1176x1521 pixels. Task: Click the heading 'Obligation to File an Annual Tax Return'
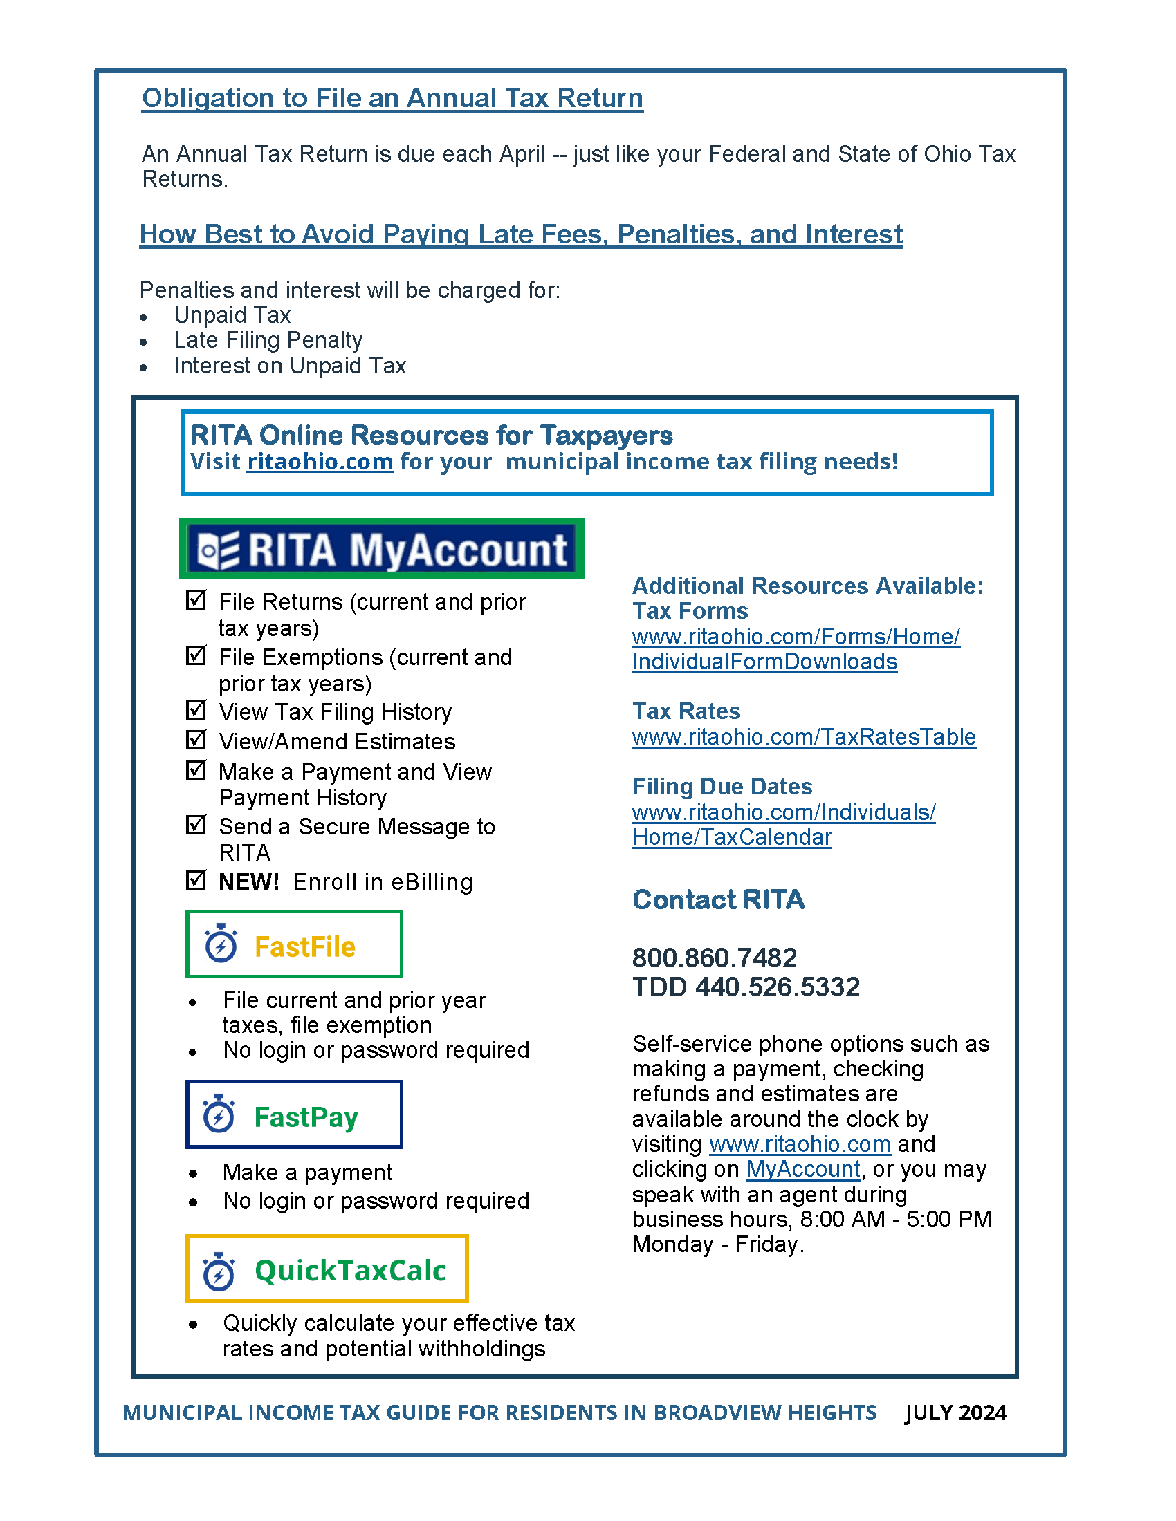coord(392,98)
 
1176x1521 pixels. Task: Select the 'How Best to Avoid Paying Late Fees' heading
coord(520,234)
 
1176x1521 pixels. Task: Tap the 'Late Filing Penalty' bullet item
coord(268,341)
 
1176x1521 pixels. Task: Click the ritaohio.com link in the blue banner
coord(320,462)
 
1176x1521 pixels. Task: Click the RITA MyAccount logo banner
coord(381,549)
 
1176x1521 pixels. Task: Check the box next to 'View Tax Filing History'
coord(196,709)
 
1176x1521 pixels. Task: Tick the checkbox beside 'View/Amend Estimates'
coord(196,739)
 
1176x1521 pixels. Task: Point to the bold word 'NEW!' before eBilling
coord(249,882)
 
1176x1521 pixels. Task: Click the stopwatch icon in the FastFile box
coord(221,944)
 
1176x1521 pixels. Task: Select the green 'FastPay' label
coord(306,1117)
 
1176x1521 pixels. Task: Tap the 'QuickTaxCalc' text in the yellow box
coord(350,1271)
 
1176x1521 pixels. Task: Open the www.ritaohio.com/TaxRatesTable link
coord(804,737)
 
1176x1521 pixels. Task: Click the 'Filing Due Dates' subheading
coord(722,787)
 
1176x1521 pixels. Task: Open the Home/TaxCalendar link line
coord(731,837)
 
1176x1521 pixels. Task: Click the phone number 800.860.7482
coord(714,958)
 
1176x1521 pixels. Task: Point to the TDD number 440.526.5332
coord(778,987)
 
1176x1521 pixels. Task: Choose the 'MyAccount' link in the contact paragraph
coord(802,1169)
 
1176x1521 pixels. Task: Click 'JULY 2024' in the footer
coord(955,1413)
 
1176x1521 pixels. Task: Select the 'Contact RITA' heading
coord(718,899)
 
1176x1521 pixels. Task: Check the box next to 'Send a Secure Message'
coord(196,825)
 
